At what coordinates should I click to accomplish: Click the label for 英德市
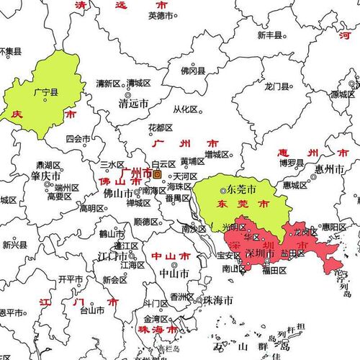[x=161, y=15]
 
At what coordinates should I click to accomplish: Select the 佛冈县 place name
[x=192, y=71]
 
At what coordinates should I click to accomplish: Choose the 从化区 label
[x=185, y=109]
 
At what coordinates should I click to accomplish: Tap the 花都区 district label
[x=160, y=127]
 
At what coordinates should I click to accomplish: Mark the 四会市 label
[x=78, y=138]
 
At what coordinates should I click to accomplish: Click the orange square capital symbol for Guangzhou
[x=157, y=174]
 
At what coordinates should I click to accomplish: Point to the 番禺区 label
[x=177, y=198]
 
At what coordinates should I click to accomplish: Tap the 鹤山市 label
[x=111, y=233]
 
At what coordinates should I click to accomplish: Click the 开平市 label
[x=71, y=279]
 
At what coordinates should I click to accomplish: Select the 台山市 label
[x=91, y=311]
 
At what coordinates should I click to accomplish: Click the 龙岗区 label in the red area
[x=303, y=232]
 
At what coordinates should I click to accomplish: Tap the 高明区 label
[x=91, y=209]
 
